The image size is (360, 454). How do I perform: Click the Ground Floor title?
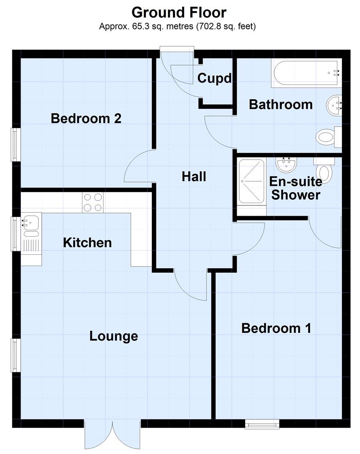click(x=179, y=12)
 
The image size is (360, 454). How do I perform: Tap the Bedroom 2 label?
click(x=86, y=119)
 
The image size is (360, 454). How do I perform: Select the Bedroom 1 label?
click(x=276, y=328)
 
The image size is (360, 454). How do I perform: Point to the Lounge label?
click(x=114, y=336)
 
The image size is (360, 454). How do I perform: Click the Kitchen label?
click(x=87, y=243)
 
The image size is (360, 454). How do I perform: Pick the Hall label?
click(x=194, y=177)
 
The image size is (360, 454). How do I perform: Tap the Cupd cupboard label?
click(x=214, y=78)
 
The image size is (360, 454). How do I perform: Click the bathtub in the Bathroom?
click(x=306, y=73)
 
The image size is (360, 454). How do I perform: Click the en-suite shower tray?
click(x=251, y=181)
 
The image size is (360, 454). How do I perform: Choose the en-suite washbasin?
click(x=287, y=163)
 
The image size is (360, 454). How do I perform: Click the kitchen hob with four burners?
click(x=93, y=202)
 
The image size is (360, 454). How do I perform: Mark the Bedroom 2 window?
click(x=16, y=144)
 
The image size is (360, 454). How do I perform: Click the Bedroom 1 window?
click(x=262, y=425)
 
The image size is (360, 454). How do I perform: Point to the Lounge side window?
click(x=16, y=355)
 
